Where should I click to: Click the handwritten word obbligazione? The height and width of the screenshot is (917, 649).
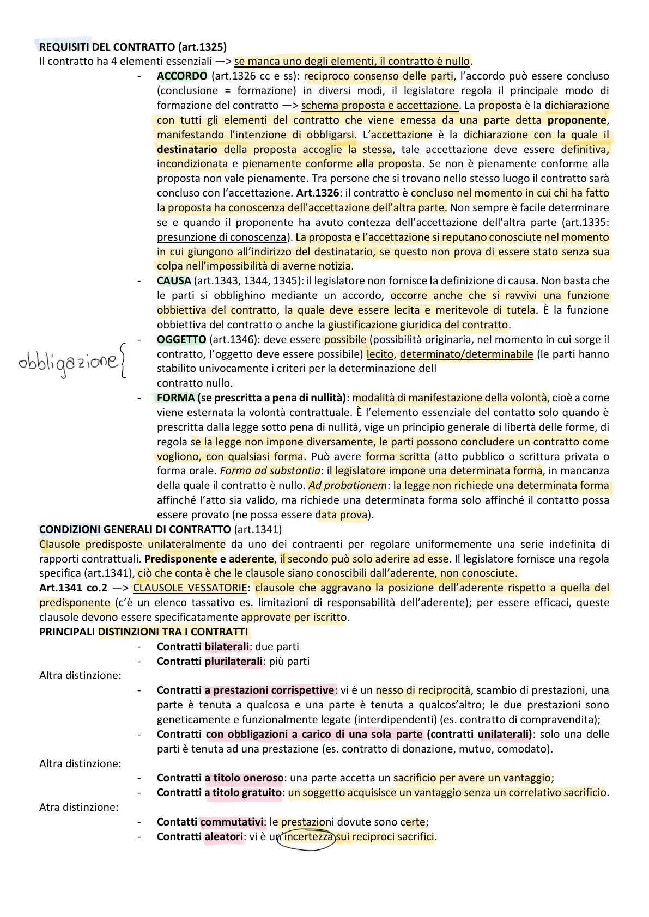68,361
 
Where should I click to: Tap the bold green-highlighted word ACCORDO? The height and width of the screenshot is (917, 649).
182,76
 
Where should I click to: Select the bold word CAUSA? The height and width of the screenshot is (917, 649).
174,280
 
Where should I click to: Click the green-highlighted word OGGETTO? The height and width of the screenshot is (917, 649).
181,339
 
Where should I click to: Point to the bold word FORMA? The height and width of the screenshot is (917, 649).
175,398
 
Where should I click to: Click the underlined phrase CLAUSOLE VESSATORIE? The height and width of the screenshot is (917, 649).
190,588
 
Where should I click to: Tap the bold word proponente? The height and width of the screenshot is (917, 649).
577,120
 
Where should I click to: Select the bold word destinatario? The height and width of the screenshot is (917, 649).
187,149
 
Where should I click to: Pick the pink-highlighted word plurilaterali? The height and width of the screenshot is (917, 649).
234,661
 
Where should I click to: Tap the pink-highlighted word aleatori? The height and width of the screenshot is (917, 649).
223,836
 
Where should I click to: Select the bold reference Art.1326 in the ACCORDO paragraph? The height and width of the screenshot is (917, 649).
318,193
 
